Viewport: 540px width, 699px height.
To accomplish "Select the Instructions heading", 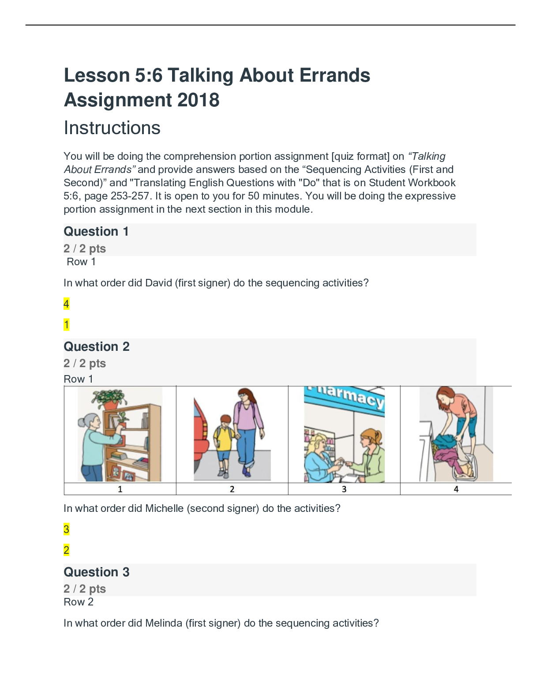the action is click(112, 128).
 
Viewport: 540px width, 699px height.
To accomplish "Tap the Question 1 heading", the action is click(96, 231).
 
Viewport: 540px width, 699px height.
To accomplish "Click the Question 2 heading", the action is click(97, 346).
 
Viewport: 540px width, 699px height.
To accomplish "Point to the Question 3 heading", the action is click(97, 572).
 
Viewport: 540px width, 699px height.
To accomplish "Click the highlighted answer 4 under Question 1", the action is click(66, 304).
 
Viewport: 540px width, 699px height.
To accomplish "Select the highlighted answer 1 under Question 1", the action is click(66, 325).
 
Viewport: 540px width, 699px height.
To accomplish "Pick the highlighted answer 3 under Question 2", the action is click(66, 529).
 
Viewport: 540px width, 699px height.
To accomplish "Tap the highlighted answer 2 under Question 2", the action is click(66, 550).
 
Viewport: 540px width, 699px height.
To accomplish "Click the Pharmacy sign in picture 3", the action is click(344, 398).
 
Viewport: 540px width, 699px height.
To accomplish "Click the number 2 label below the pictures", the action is click(232, 489).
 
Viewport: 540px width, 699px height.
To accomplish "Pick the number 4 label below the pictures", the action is click(456, 489).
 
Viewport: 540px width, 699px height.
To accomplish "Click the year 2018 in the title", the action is click(198, 100).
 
